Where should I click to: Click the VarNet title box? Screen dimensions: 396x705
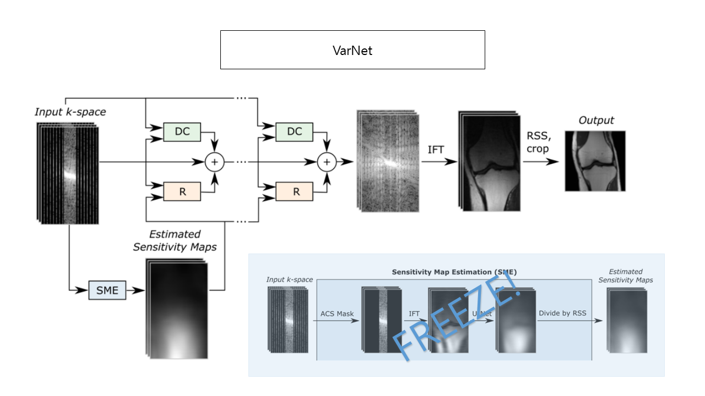click(x=352, y=50)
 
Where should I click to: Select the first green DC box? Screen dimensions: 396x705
click(x=182, y=131)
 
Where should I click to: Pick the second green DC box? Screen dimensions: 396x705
click(x=294, y=131)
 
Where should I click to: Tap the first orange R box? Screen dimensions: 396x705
click(x=182, y=191)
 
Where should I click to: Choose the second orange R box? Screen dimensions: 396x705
click(x=294, y=191)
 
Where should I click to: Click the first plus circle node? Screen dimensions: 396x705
click(x=214, y=162)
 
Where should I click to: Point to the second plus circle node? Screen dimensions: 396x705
click(x=327, y=162)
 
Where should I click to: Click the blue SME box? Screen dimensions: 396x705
click(x=107, y=290)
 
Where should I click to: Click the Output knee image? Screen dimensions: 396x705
click(x=595, y=161)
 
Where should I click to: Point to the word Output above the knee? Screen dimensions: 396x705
click(x=596, y=120)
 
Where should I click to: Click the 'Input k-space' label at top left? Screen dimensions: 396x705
click(x=70, y=112)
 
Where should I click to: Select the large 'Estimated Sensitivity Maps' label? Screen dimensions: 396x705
click(x=175, y=241)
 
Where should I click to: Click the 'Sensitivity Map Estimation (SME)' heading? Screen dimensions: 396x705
click(x=454, y=272)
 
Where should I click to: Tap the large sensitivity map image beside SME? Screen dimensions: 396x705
click(x=177, y=309)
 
